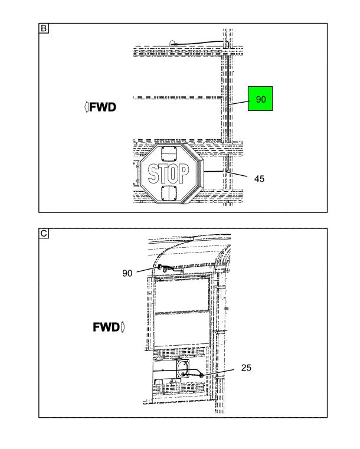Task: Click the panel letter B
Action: coord(44,28)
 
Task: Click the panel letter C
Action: coord(44,234)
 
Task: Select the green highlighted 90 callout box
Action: coord(260,99)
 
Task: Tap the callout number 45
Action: coord(259,179)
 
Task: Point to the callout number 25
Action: coord(246,368)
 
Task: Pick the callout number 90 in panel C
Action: coord(127,273)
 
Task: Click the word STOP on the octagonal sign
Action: coord(168,173)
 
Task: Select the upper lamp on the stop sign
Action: coord(169,154)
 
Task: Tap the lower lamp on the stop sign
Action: coord(169,193)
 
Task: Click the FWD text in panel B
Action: coord(103,107)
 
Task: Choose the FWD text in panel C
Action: coord(106,327)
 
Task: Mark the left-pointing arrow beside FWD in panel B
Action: coord(87,107)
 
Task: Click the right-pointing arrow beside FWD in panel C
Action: coord(123,327)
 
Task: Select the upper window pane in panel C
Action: coord(182,294)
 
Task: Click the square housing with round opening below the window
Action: coord(182,369)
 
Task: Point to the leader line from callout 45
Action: coord(236,174)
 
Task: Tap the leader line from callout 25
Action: coord(218,372)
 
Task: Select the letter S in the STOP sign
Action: coord(153,173)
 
